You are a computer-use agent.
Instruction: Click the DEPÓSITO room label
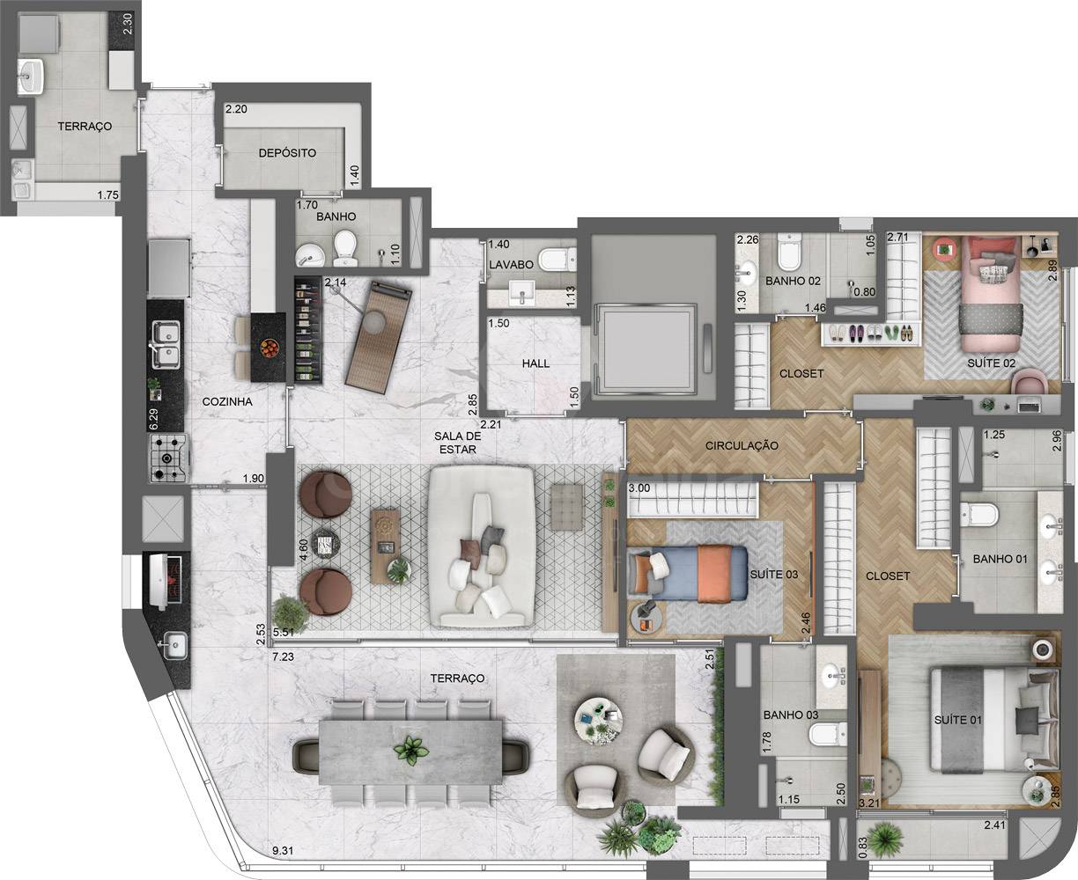point(287,153)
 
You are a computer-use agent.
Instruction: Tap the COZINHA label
point(227,401)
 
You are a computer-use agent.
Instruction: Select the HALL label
point(535,363)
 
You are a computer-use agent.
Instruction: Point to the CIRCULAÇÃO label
point(742,445)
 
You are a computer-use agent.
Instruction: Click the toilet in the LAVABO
point(557,260)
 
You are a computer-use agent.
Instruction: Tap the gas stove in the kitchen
point(170,458)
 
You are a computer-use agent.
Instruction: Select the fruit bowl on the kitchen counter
point(269,348)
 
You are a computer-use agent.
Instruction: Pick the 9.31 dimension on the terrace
point(284,851)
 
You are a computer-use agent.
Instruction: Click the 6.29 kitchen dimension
point(153,419)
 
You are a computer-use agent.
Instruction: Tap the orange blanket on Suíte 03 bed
point(714,573)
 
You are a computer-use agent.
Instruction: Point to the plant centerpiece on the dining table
point(411,751)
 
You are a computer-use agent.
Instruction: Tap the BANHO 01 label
point(1000,559)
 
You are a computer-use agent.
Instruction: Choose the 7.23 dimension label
point(284,656)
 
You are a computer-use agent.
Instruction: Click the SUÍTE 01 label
point(958,720)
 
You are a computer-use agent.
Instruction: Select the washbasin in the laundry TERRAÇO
point(32,76)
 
